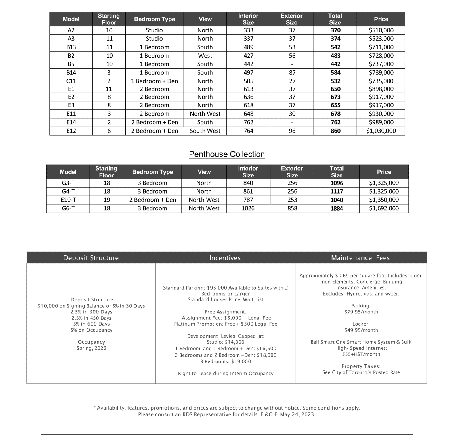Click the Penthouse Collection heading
(227, 154)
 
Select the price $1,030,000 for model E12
(381, 131)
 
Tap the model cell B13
(71, 47)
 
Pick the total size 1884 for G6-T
(337, 208)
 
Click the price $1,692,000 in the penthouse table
(384, 208)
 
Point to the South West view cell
(205, 131)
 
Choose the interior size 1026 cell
(248, 208)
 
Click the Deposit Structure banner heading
(91, 258)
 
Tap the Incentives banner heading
(225, 258)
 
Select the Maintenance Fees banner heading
(360, 258)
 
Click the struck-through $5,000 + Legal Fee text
(248, 318)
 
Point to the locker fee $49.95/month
(361, 330)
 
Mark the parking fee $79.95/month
(361, 312)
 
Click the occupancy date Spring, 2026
(91, 348)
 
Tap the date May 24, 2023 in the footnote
(297, 414)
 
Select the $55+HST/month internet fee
(361, 354)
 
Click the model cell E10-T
(68, 200)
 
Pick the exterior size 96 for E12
(292, 131)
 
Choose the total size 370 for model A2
(335, 30)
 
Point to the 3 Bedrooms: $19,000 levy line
(226, 361)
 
